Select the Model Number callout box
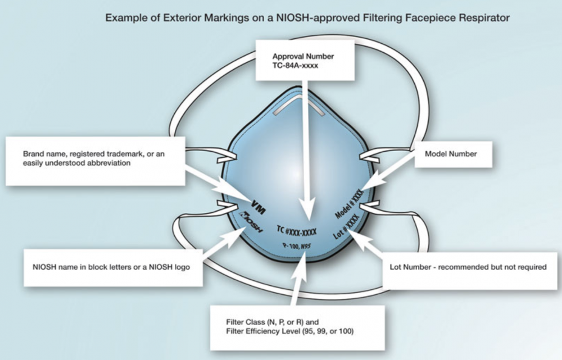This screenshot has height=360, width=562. pyautogui.click(x=451, y=154)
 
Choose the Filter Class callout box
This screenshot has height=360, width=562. pyautogui.click(x=297, y=327)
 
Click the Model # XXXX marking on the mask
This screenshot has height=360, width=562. pyautogui.click(x=350, y=203)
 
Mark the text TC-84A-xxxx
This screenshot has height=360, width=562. pyautogui.click(x=296, y=67)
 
